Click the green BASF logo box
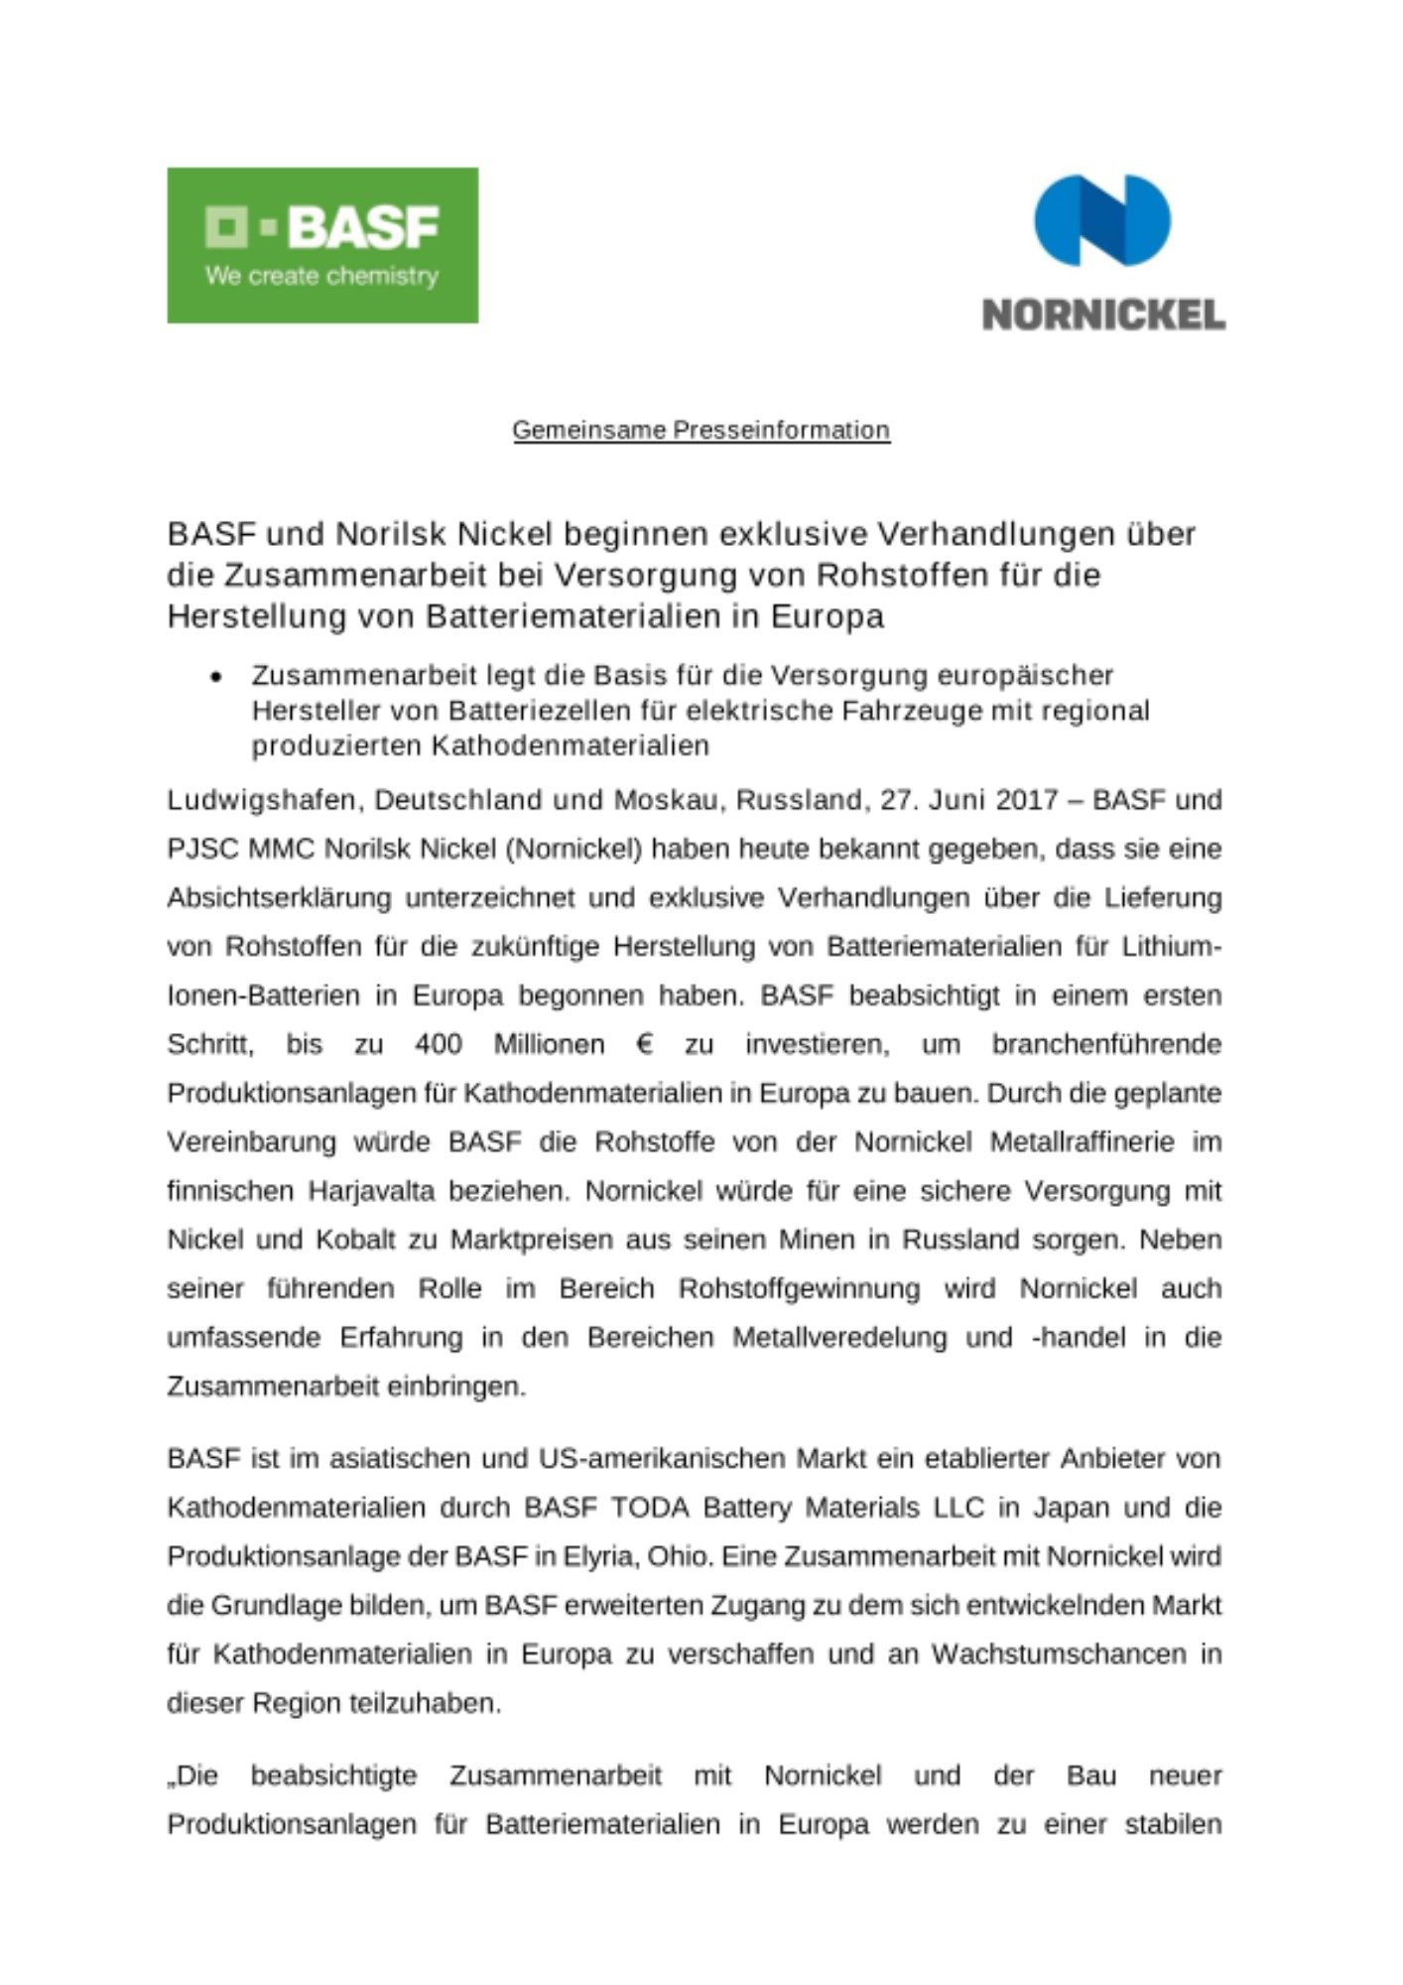[322, 244]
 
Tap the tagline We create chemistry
[321, 276]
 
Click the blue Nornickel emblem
[1102, 219]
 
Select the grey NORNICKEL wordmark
[1103, 315]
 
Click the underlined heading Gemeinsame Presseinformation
[701, 430]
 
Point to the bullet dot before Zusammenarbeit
[216, 677]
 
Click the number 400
[438, 1044]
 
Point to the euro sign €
[645, 1044]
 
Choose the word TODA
[650, 1508]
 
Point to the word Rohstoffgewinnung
[799, 1288]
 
